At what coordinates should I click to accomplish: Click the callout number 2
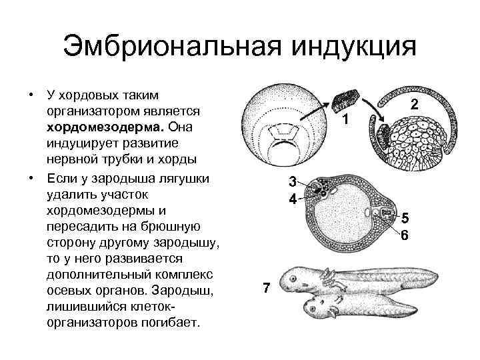click(414, 105)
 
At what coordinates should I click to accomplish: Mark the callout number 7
click(267, 288)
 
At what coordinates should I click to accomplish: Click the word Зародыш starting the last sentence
click(183, 290)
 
